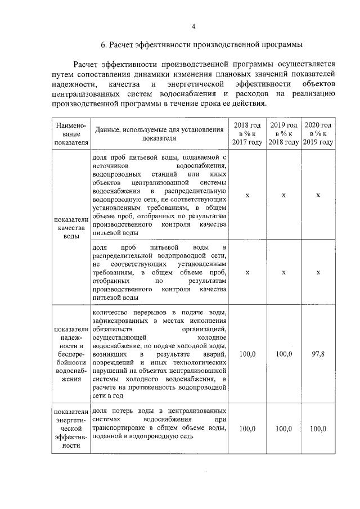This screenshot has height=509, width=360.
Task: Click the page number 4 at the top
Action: (x=193, y=26)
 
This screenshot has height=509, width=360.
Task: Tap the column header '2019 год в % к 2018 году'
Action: (x=283, y=133)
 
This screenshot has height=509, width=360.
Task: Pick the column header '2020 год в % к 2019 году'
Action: (x=318, y=133)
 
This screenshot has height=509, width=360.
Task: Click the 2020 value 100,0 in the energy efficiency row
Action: (x=318, y=429)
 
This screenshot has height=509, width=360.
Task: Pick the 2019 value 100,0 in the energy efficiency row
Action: (x=283, y=429)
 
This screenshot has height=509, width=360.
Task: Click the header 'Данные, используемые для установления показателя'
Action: (x=159, y=134)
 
